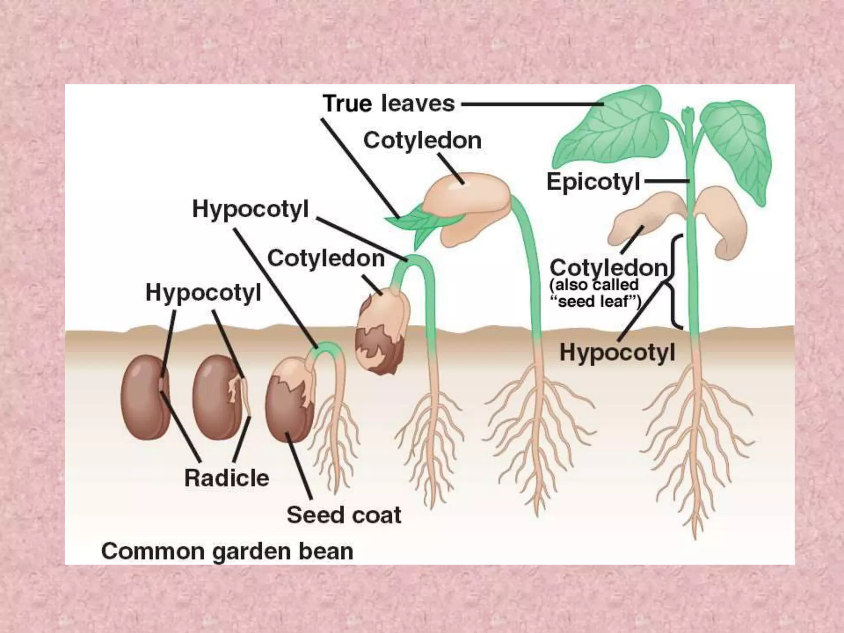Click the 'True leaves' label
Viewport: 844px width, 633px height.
[x=389, y=103]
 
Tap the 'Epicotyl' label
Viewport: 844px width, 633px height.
[x=593, y=182]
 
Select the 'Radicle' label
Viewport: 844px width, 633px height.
[x=226, y=478]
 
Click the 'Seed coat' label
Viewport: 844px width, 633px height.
[x=344, y=515]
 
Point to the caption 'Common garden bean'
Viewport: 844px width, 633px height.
[x=227, y=551]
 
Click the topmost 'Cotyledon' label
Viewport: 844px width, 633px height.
[x=422, y=141]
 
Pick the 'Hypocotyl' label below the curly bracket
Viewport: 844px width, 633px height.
[x=617, y=353]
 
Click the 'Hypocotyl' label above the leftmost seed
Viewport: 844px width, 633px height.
[x=203, y=293]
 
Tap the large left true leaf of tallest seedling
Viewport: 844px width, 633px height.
[x=610, y=136]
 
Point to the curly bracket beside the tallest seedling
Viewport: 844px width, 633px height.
[x=674, y=282]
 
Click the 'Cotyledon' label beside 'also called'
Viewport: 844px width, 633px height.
[x=608, y=268]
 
